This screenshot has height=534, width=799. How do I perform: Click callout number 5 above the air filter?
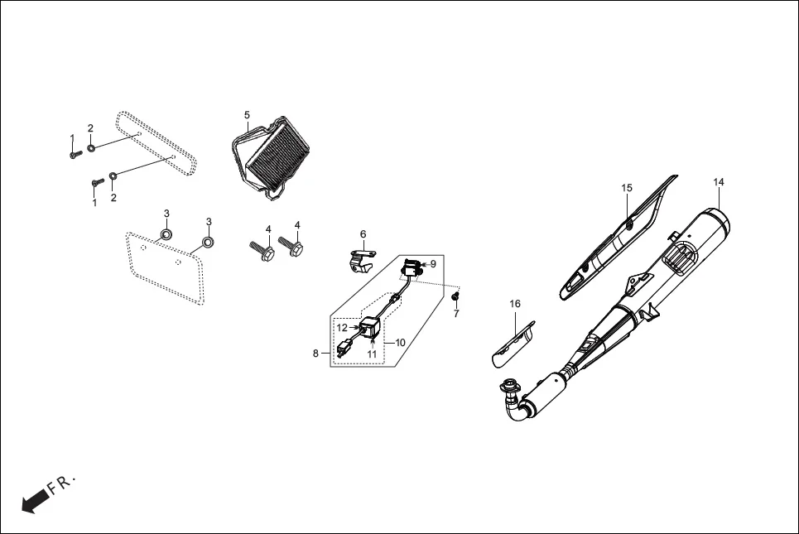pyautogui.click(x=247, y=114)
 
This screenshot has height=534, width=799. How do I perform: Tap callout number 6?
pyautogui.click(x=363, y=234)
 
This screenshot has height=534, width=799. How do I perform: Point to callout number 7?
pyautogui.click(x=455, y=313)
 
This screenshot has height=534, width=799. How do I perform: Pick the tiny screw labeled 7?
pyautogui.click(x=455, y=296)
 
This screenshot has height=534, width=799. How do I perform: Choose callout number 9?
pyautogui.click(x=432, y=263)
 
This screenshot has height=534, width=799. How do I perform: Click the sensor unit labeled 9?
pyautogui.click(x=412, y=267)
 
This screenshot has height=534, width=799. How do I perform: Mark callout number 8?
pyautogui.click(x=315, y=354)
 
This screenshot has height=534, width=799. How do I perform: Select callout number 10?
pyautogui.click(x=400, y=342)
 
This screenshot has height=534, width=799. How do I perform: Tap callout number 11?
pyautogui.click(x=373, y=354)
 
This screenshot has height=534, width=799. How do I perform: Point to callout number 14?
pyautogui.click(x=718, y=181)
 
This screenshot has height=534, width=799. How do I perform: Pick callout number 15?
pyautogui.click(x=627, y=188)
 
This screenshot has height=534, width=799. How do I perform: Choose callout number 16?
pyautogui.click(x=515, y=305)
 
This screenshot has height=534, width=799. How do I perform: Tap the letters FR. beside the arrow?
pyautogui.click(x=63, y=485)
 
